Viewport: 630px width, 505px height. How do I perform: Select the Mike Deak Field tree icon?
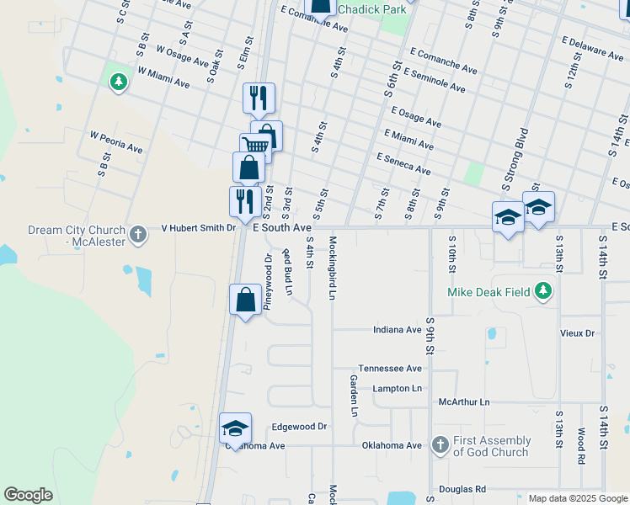point(544,291)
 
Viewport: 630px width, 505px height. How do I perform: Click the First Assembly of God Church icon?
point(439,444)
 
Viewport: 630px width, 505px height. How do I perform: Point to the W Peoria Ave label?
point(116,141)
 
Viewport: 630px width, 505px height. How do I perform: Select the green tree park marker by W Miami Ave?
point(118,82)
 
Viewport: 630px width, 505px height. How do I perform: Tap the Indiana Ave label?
point(397,330)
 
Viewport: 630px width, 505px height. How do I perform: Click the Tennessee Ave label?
point(389,369)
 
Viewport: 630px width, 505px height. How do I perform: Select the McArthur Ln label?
point(464,402)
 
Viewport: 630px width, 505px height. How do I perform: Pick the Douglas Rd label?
point(462,489)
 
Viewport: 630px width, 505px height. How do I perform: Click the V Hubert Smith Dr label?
point(198,228)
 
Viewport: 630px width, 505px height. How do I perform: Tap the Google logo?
point(28,495)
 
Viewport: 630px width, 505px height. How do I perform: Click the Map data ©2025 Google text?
point(577,498)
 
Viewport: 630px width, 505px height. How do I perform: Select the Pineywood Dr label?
point(267,283)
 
